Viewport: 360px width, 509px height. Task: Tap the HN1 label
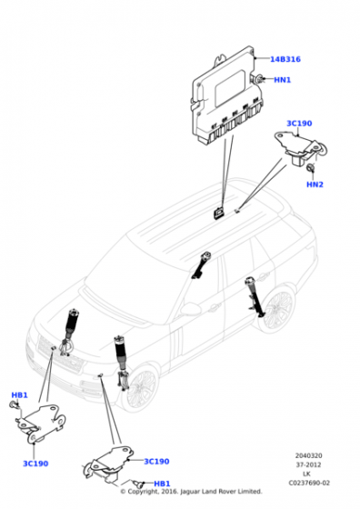(282, 80)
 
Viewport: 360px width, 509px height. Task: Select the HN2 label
(315, 185)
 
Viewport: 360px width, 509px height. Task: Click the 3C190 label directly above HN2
(299, 123)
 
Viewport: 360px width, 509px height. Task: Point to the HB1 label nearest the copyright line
(162, 484)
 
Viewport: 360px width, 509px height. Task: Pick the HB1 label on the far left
(19, 395)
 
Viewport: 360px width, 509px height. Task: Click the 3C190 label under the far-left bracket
(35, 464)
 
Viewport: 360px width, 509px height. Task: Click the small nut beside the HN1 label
(259, 81)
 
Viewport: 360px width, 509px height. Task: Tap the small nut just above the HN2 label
(312, 169)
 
